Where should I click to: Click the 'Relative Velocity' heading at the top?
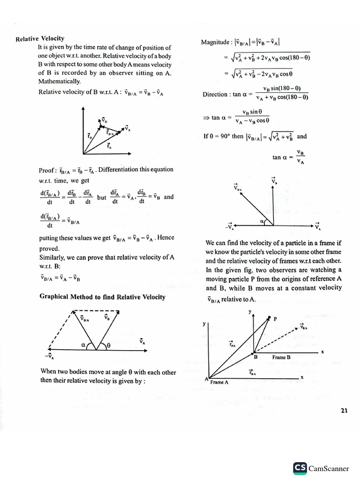click(40, 38)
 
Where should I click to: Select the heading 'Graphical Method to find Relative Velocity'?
click(102, 297)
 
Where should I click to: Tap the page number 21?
click(344, 411)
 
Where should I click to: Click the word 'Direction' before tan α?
click(215, 94)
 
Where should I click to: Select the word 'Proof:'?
click(48, 170)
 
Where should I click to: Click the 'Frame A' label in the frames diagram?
click(219, 382)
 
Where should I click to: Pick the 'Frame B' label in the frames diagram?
click(281, 357)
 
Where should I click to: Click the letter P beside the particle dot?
click(276, 319)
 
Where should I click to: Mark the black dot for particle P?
click(270, 318)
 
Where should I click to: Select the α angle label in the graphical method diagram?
click(83, 345)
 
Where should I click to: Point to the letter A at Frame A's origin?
click(206, 379)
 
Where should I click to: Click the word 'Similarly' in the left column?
click(52, 257)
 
